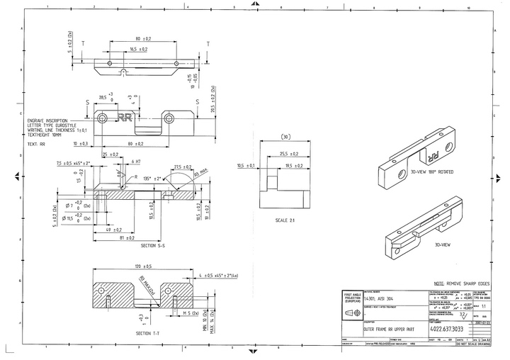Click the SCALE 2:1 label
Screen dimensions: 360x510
[285, 220]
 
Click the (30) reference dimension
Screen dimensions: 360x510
[285, 135]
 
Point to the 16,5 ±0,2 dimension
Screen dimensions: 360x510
[138, 50]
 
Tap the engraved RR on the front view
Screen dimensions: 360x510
[125, 117]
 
